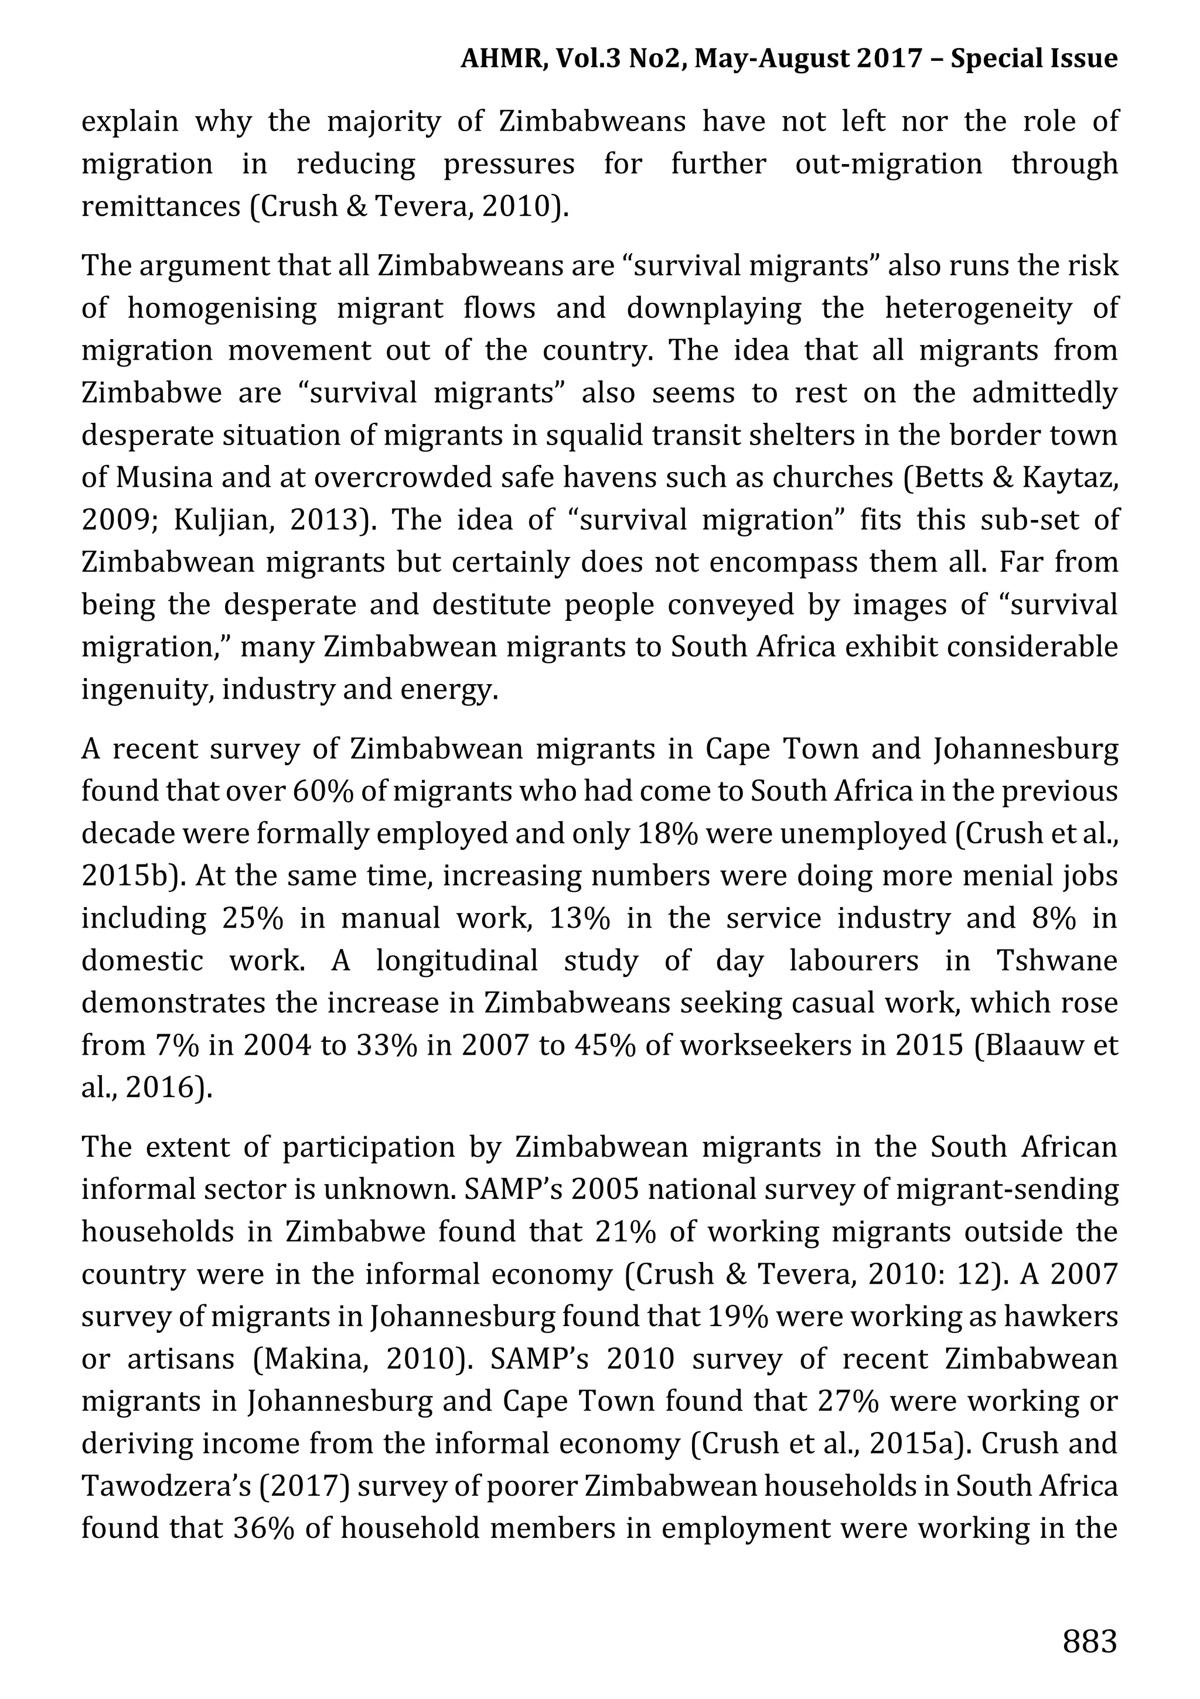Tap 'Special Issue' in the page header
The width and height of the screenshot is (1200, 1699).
(x=1034, y=58)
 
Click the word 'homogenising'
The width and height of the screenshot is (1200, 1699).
(x=221, y=309)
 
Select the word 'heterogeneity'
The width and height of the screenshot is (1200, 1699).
(x=978, y=309)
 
